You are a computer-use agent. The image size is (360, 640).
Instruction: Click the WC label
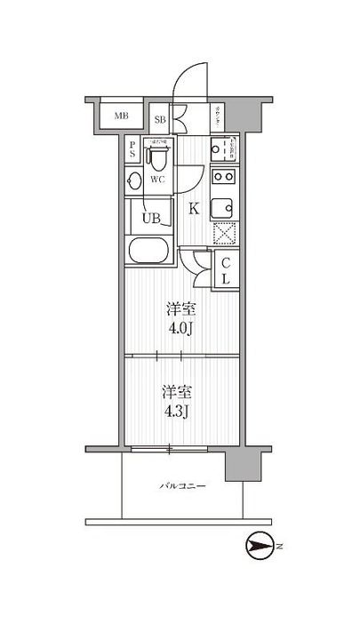point(158,180)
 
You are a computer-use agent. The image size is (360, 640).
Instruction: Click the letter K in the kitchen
point(194,211)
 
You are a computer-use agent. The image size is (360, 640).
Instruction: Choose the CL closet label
point(226,271)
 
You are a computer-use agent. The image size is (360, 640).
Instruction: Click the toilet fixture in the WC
point(158,158)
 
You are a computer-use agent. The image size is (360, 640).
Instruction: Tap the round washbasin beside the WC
point(133,181)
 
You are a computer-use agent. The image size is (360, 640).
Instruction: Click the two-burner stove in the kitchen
point(223,176)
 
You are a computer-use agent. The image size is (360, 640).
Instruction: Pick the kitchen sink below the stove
point(222,207)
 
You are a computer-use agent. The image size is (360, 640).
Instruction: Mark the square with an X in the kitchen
point(223,235)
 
